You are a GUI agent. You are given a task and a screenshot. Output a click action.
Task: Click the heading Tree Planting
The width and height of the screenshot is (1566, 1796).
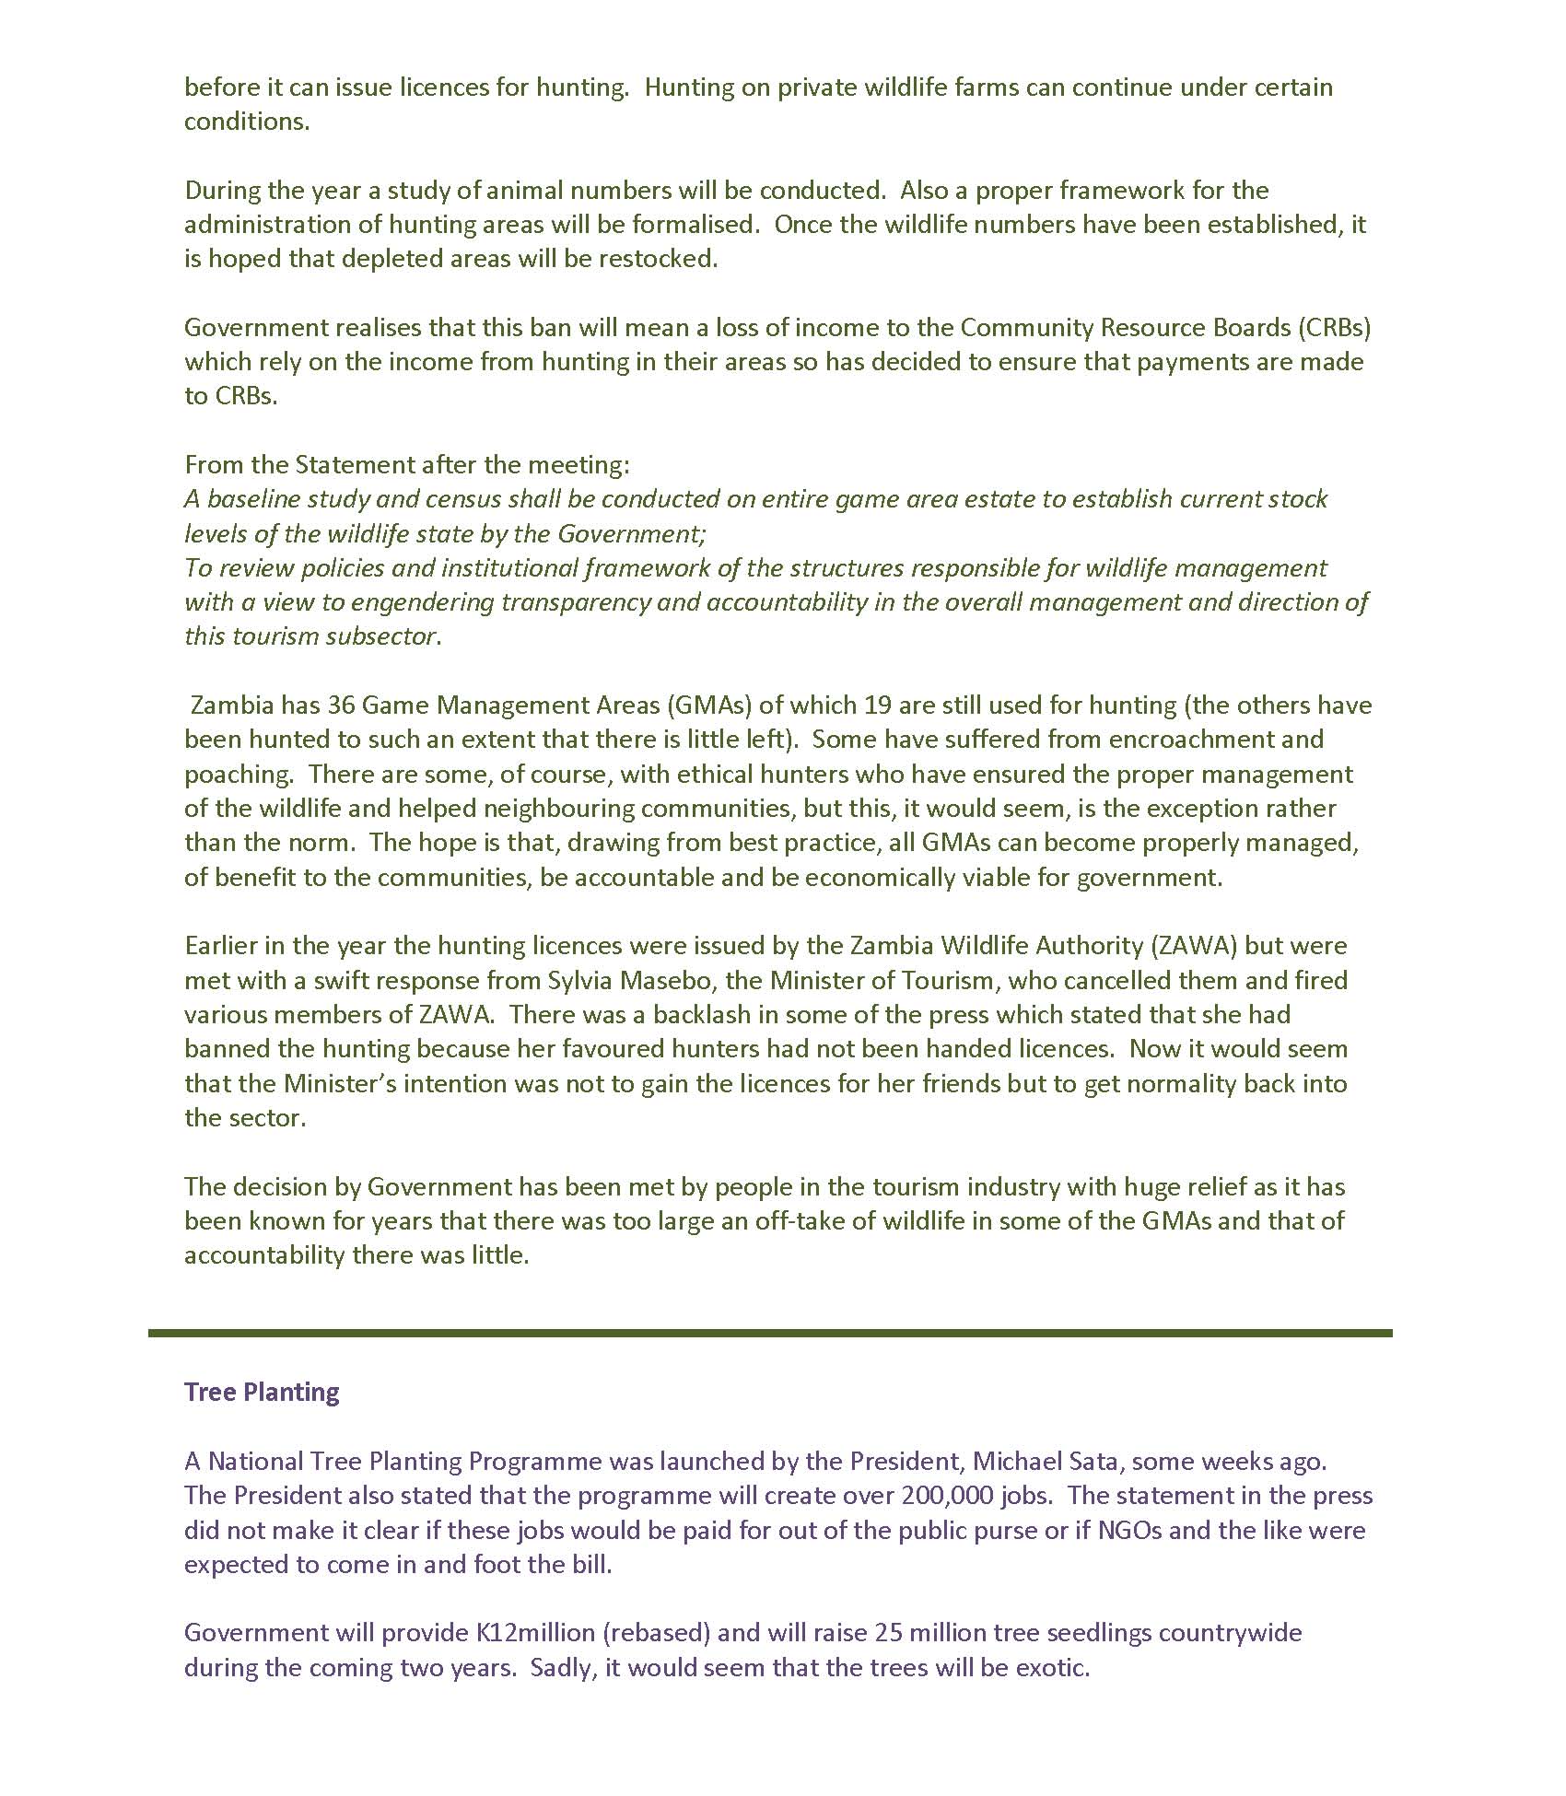tap(262, 1392)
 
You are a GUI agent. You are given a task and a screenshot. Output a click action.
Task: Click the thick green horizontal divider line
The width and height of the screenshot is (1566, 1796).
tap(770, 1333)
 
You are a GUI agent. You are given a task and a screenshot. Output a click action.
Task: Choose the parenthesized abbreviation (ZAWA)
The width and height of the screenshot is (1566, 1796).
tap(1175, 946)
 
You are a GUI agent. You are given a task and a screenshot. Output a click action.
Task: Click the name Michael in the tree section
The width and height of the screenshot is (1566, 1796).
tap(1014, 1462)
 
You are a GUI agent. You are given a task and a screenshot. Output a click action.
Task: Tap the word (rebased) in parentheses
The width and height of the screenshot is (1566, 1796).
tap(657, 1633)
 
